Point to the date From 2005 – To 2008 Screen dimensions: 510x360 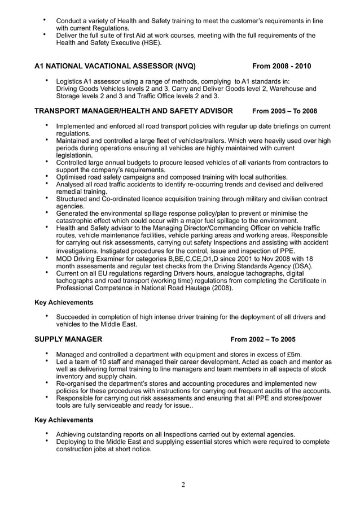[x=284, y=111]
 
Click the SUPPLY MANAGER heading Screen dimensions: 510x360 [x=68, y=339]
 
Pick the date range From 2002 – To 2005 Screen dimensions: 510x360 [x=262, y=339]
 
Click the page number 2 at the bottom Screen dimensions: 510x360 [x=183, y=485]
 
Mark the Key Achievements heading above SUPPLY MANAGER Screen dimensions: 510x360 [x=64, y=302]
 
